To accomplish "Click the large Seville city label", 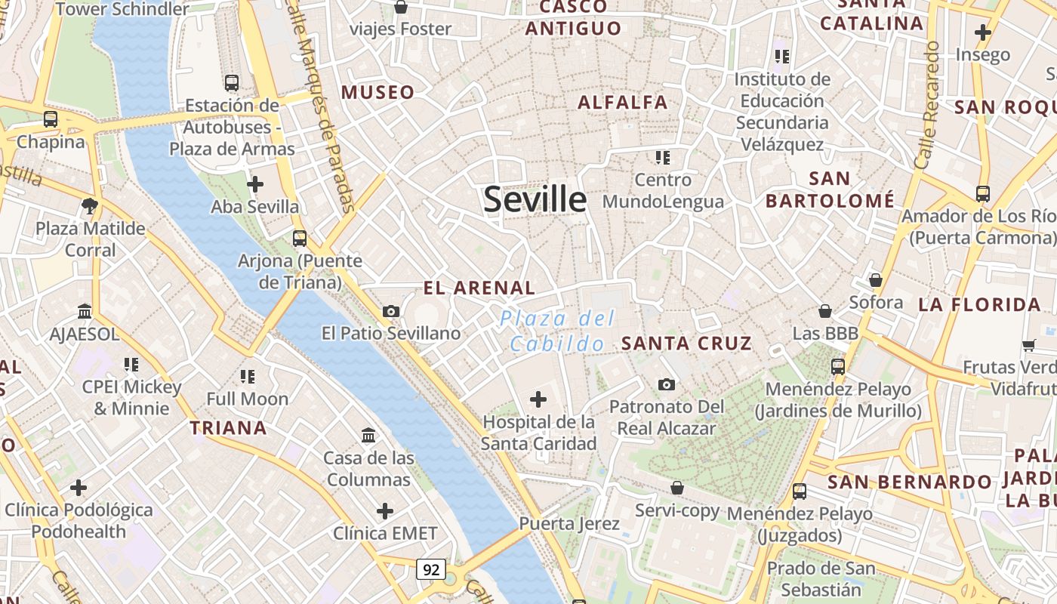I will point(535,199).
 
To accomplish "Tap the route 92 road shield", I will point(431,569).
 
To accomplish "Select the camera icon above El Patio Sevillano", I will point(390,311).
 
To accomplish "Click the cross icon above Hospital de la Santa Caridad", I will point(538,399).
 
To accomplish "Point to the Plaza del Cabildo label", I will point(557,331).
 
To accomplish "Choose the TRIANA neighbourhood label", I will point(228,428).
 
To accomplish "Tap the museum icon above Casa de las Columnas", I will point(369,436).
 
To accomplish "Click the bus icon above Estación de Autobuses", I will point(232,83).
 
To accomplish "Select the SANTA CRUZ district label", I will point(686,344).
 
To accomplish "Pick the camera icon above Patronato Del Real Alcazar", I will point(666,384).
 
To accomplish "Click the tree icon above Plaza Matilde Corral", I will point(90,205).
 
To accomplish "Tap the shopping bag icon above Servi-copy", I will point(677,488).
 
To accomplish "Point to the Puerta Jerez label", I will point(569,523).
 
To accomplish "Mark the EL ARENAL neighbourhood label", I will point(479,288).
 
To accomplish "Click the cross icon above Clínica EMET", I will point(385,511).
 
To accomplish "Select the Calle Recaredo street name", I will point(928,106).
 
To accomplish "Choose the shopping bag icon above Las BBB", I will point(825,311).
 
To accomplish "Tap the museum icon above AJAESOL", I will point(85,311).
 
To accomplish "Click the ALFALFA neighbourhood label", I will point(623,102).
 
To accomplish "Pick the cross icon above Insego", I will point(982,32).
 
